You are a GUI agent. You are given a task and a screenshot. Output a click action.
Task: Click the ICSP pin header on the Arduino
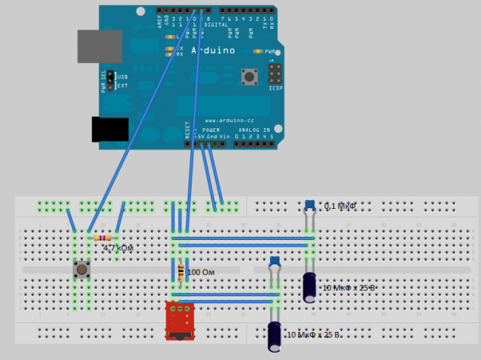275,75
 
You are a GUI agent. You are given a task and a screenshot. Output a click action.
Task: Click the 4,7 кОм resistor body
103,238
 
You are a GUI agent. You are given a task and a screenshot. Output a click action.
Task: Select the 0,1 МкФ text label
341,207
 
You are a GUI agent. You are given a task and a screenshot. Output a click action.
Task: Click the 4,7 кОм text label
118,249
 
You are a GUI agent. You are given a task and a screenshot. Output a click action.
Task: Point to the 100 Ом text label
203,273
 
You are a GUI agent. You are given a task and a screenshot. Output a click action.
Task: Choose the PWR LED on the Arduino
257,52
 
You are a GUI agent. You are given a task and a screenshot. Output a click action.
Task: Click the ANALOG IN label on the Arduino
258,129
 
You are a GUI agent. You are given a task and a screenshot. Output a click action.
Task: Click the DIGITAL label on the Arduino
215,24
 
